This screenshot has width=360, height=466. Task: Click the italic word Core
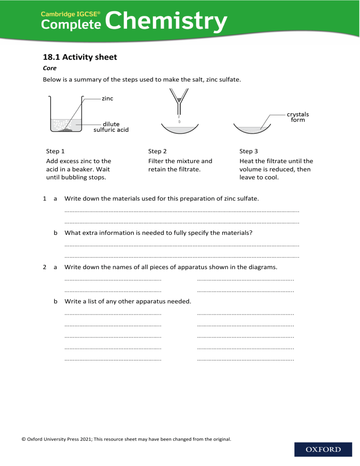(x=49, y=68)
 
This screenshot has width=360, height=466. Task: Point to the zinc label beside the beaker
(x=107, y=98)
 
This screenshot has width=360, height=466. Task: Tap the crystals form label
(x=298, y=117)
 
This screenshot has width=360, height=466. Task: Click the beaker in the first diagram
(x=66, y=117)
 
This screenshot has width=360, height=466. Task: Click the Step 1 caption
(x=55, y=151)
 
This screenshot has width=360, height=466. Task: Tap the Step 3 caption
(x=248, y=151)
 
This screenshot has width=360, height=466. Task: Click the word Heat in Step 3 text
(x=247, y=161)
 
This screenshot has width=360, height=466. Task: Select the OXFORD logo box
(x=323, y=450)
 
